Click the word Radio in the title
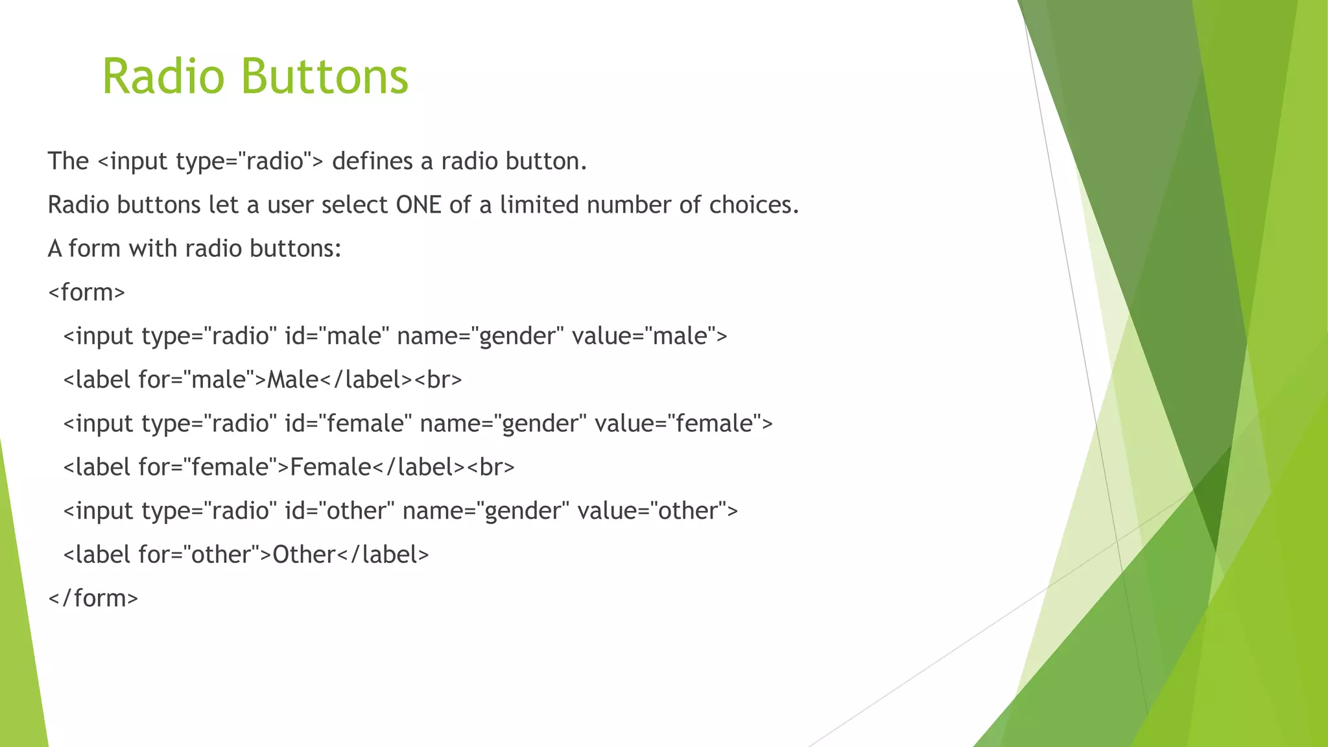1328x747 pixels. click(163, 77)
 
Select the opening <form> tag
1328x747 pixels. click(87, 292)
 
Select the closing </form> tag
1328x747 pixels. click(93, 598)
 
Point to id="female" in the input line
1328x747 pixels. click(348, 423)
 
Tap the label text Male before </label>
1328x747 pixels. click(293, 380)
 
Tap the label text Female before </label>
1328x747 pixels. click(331, 467)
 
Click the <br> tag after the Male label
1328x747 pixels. click(438, 380)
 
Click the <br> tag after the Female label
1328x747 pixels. click(491, 467)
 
